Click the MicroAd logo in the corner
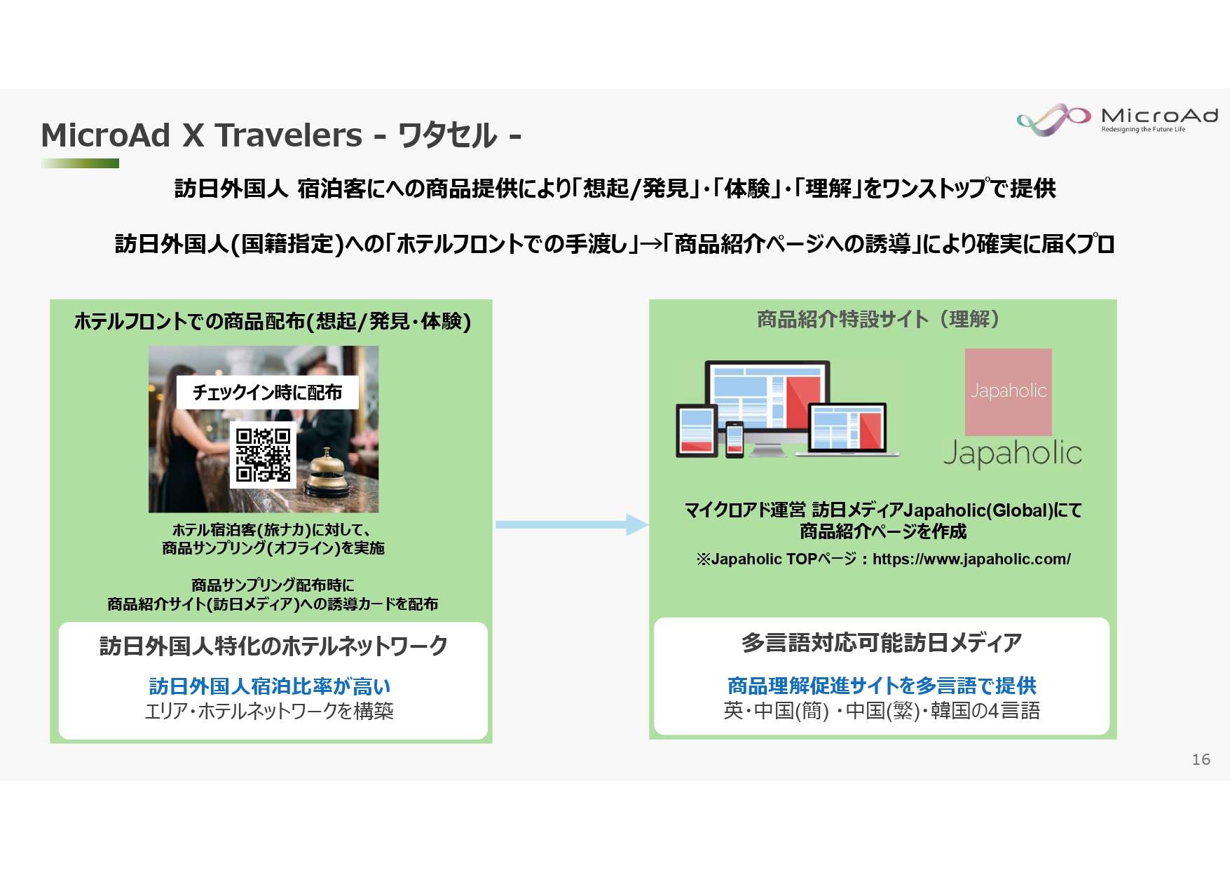[1117, 119]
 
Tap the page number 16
[1201, 759]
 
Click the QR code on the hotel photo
[263, 455]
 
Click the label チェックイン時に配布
[267, 393]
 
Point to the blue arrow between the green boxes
[571, 524]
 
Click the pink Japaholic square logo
[1008, 392]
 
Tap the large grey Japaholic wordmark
[1012, 454]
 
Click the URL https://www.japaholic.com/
[971, 559]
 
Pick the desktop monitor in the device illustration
[767, 396]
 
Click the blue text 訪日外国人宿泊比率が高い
[270, 686]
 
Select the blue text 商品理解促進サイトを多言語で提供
[882, 685]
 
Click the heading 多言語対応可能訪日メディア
[882, 643]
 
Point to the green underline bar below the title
[80, 163]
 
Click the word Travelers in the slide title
[288, 135]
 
